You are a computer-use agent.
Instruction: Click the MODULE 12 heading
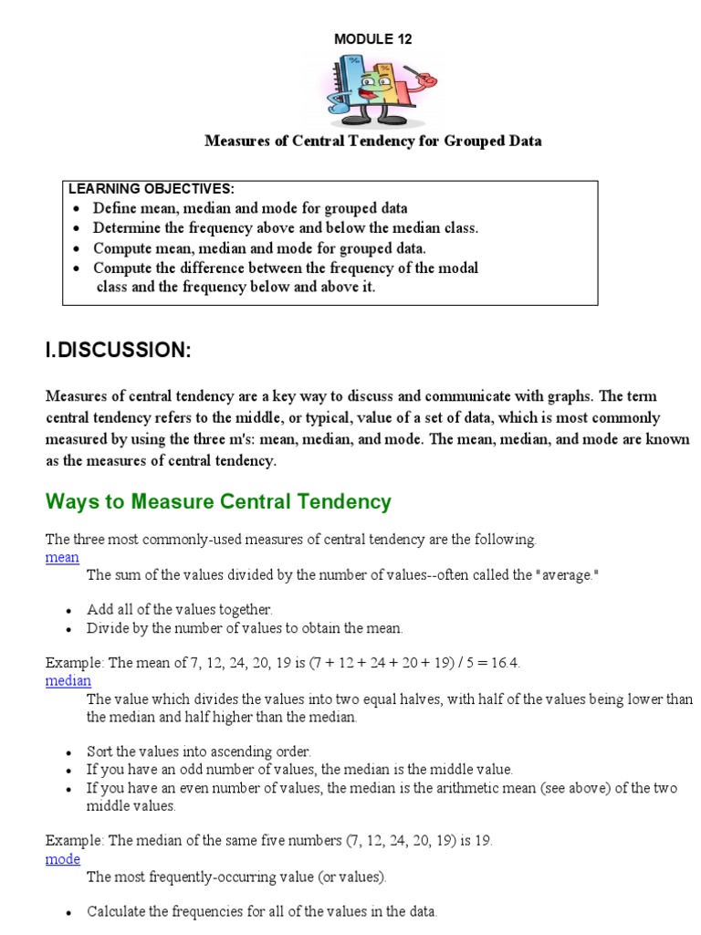click(x=372, y=38)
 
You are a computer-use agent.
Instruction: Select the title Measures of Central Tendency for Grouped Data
click(x=372, y=141)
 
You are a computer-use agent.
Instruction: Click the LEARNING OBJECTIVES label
click(x=152, y=189)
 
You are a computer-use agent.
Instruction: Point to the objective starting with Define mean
click(x=250, y=208)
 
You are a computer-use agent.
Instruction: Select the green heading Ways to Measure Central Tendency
click(x=218, y=501)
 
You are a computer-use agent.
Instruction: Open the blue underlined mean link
click(x=62, y=557)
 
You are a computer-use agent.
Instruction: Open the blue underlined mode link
click(x=63, y=859)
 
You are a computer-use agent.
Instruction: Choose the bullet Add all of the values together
click(x=180, y=609)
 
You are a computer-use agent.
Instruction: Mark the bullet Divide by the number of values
click(x=245, y=628)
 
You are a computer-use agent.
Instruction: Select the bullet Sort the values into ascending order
click(x=199, y=751)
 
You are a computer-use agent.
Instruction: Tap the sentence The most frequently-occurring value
click(x=236, y=877)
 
